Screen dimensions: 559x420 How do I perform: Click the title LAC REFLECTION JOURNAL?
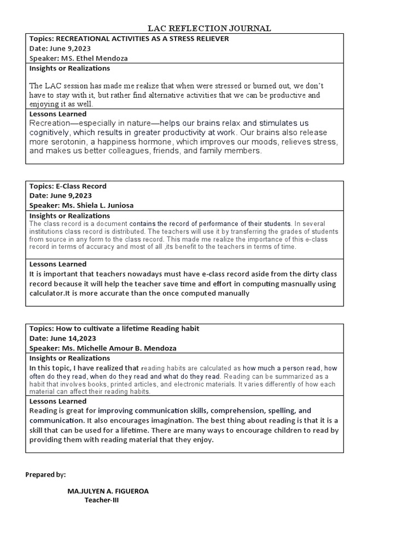pos(210,28)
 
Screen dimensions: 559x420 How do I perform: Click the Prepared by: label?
pos(45,475)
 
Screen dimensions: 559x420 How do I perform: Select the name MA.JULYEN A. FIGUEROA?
pos(108,491)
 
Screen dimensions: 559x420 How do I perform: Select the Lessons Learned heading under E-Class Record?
pos(57,264)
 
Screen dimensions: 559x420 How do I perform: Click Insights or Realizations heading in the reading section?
pos(69,358)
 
